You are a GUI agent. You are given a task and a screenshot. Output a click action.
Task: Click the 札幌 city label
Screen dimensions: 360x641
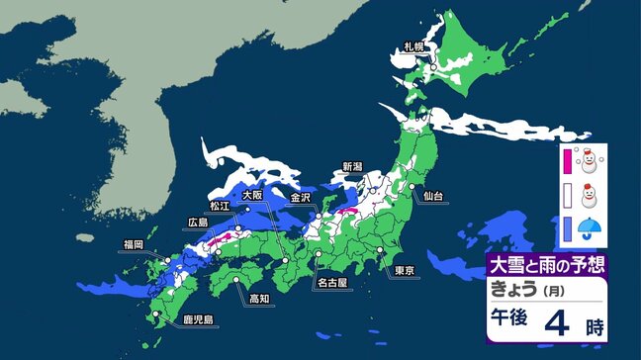(x=412, y=46)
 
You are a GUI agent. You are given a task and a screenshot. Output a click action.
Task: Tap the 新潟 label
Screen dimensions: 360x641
(x=353, y=166)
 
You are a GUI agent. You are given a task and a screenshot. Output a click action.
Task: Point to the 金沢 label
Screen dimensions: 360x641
(x=301, y=198)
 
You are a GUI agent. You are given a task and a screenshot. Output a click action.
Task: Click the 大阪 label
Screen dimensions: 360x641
(x=252, y=196)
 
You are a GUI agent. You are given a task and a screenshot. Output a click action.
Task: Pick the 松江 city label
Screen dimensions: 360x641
(x=219, y=207)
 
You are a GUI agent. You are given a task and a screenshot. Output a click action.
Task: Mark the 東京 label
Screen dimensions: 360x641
(x=402, y=271)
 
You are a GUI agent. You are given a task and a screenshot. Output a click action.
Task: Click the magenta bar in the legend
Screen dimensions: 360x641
(x=567, y=159)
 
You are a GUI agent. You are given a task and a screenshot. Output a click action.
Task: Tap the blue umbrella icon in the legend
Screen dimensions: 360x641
(x=591, y=230)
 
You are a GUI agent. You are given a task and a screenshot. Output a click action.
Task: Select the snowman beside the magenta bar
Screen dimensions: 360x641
(x=591, y=158)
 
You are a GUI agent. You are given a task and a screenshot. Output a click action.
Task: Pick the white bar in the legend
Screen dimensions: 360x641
(x=567, y=195)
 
